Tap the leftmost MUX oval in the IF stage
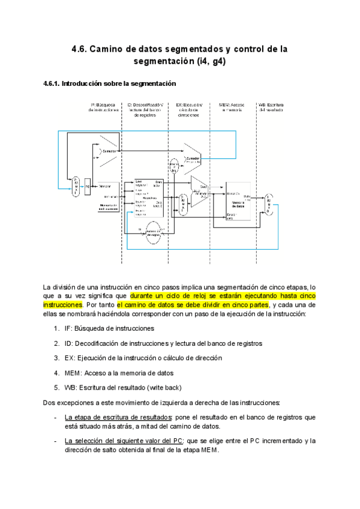pyautogui.click(x=76, y=187)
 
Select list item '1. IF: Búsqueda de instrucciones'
pyautogui.click(x=103, y=328)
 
